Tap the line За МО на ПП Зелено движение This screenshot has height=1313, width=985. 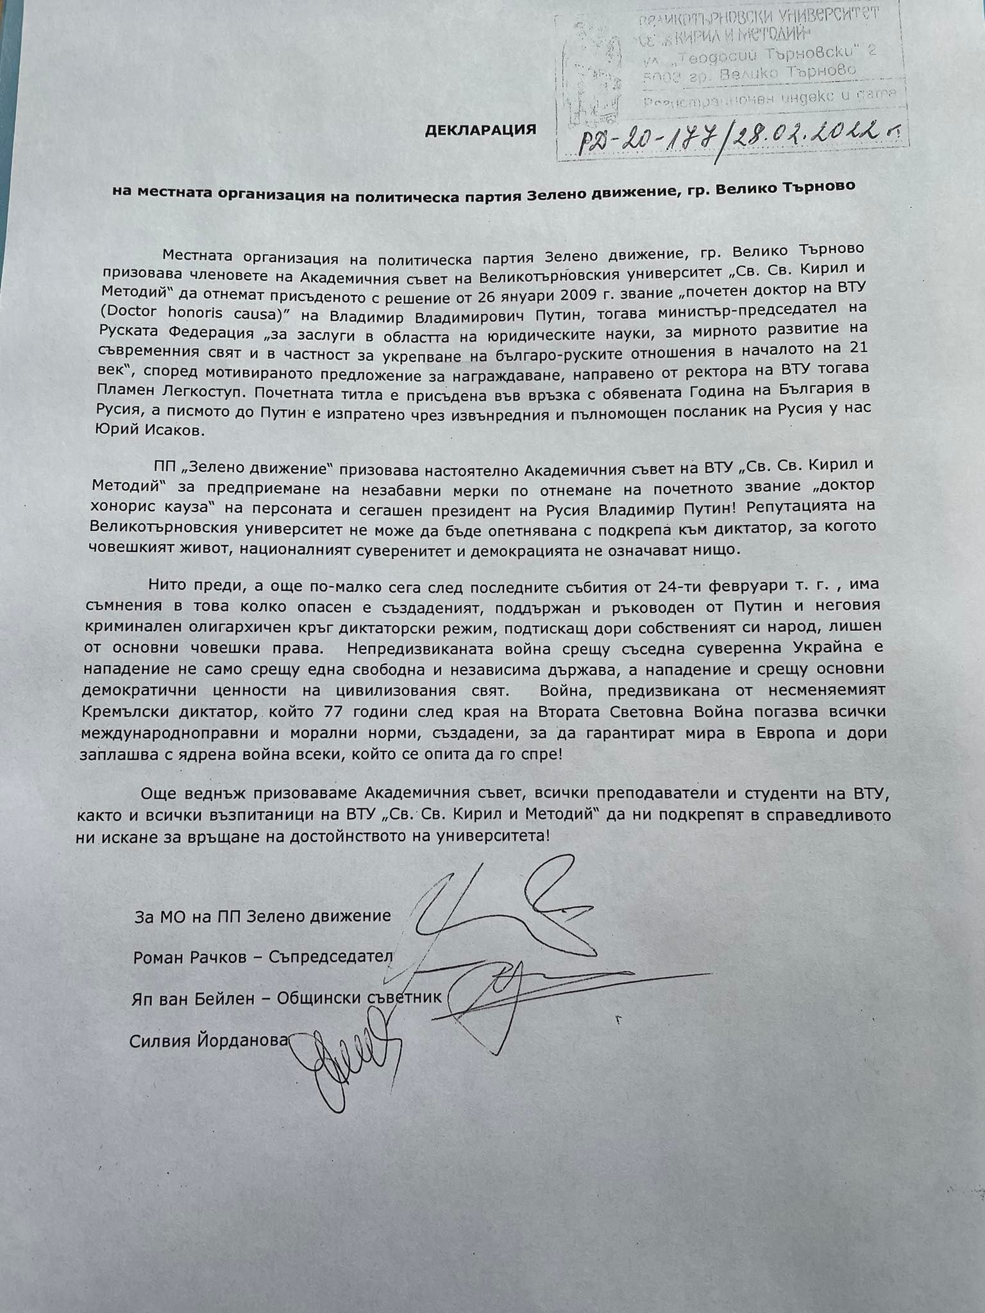click(262, 916)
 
